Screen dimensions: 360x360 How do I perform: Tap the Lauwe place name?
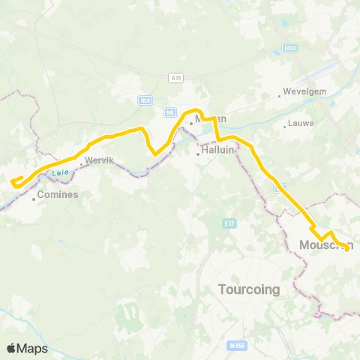tap(301, 123)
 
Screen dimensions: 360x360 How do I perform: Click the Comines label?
tap(58, 194)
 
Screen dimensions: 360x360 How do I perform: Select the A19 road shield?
tap(175, 76)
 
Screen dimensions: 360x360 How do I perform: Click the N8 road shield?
tap(170, 112)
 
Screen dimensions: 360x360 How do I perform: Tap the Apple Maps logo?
tap(27, 348)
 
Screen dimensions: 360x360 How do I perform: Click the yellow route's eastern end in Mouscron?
tap(347, 249)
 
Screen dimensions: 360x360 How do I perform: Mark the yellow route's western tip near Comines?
tap(13, 180)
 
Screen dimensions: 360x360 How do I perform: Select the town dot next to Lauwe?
tap(285, 126)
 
